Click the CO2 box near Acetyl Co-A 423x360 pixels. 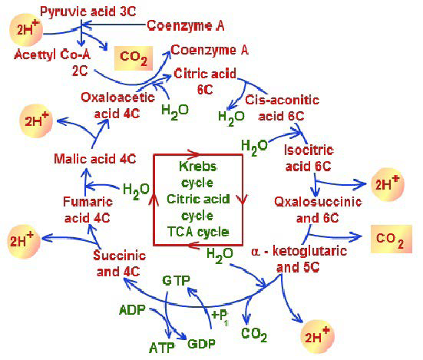[x=131, y=56]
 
